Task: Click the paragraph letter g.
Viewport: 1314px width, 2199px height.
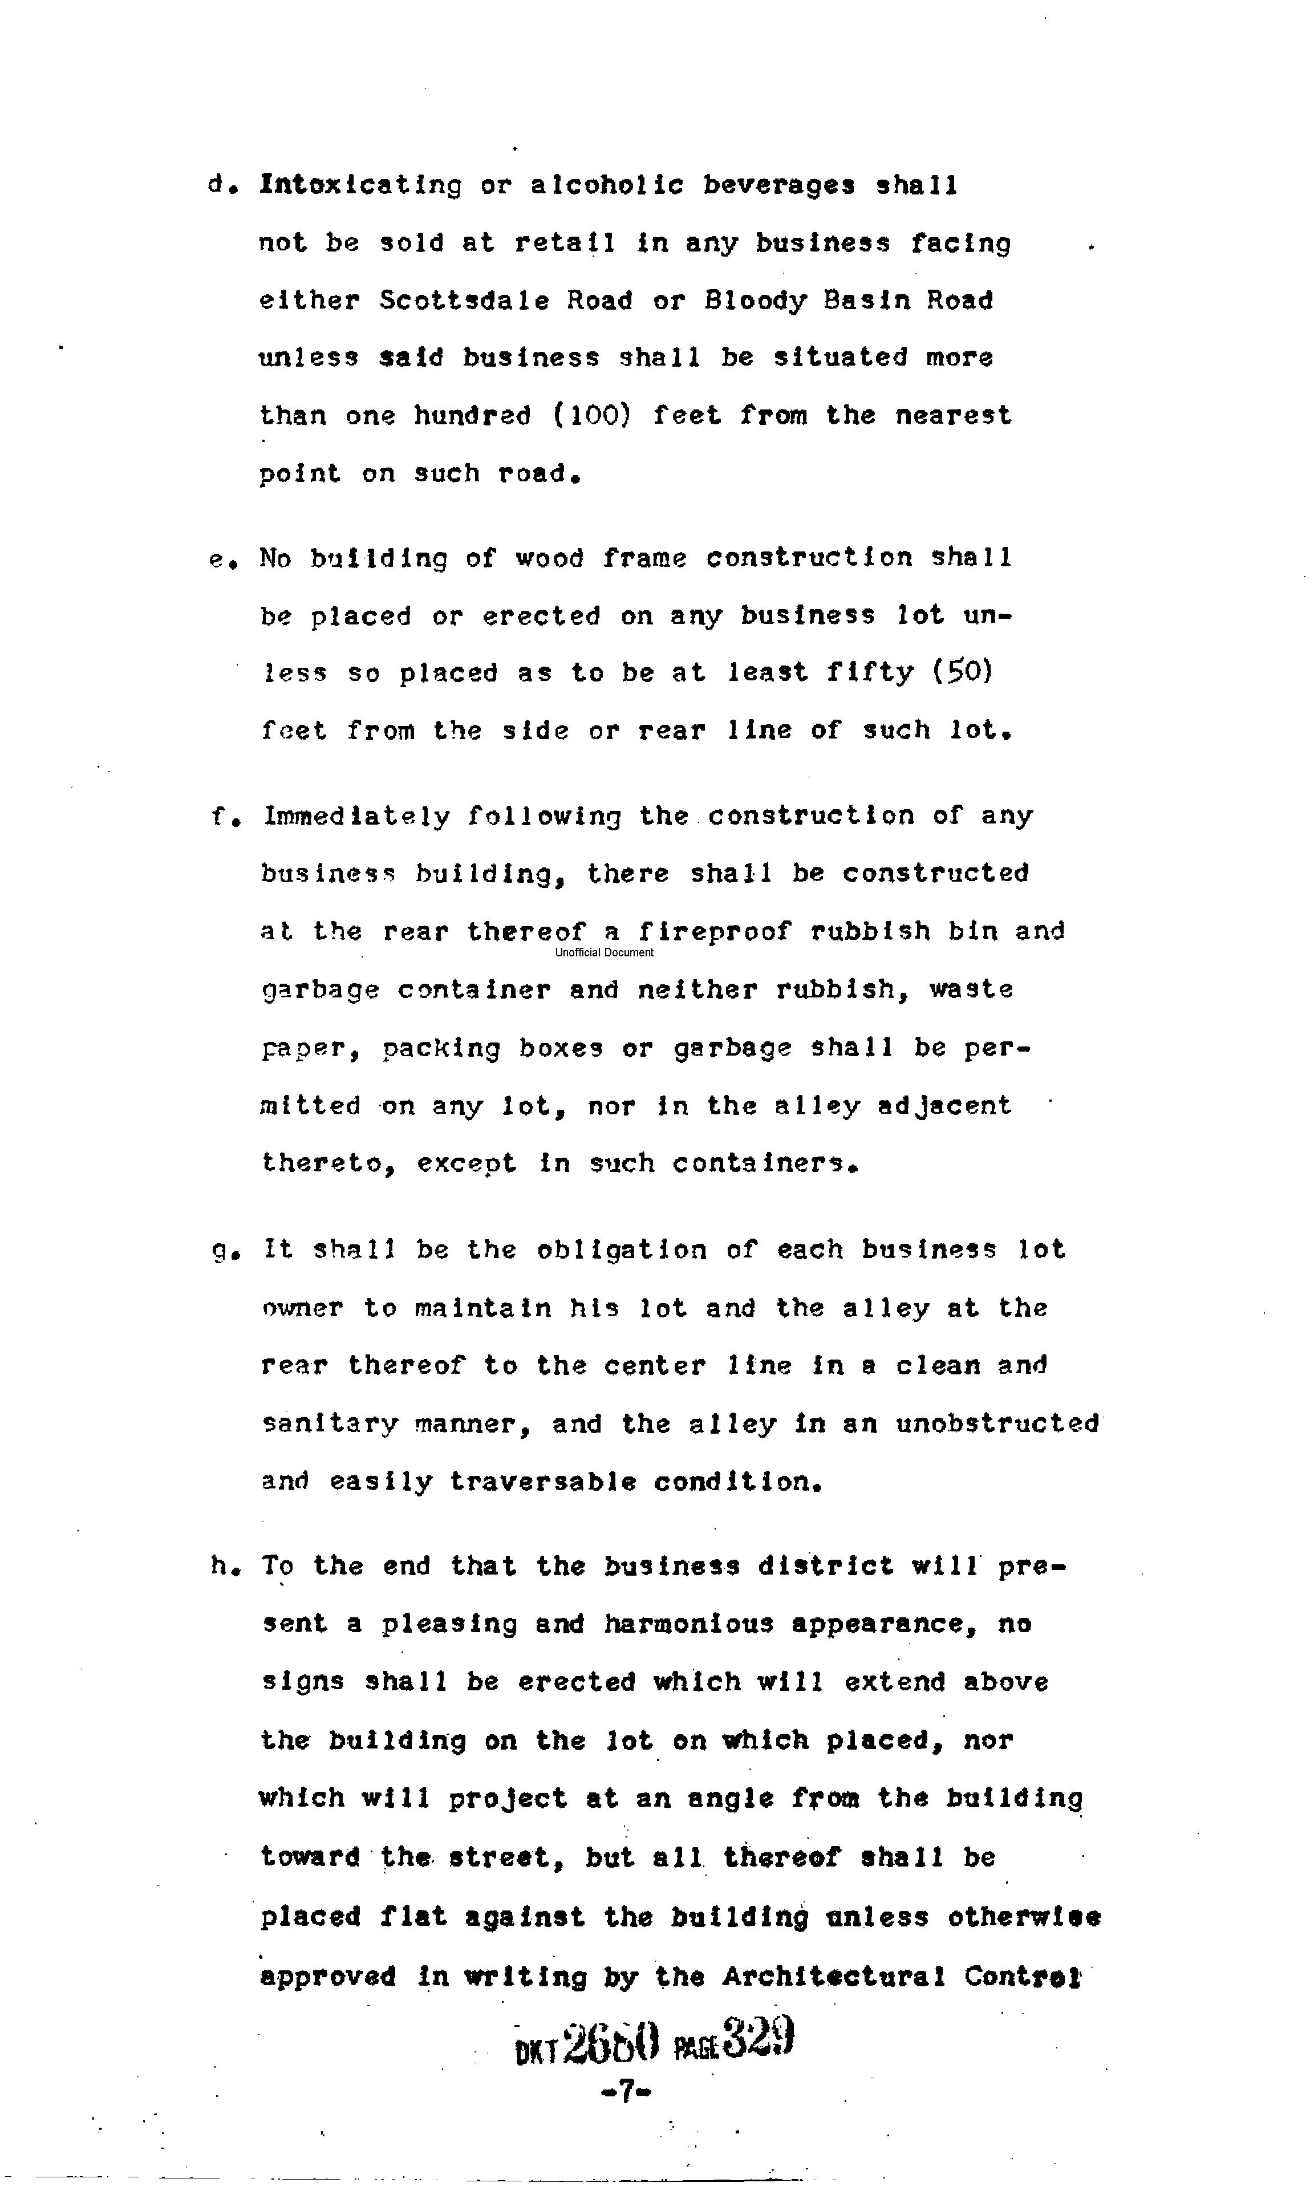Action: click(221, 1251)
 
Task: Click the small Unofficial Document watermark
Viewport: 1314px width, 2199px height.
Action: click(604, 952)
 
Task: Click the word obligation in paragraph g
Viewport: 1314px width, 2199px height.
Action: click(622, 1250)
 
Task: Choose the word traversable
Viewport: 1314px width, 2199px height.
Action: click(543, 1482)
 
